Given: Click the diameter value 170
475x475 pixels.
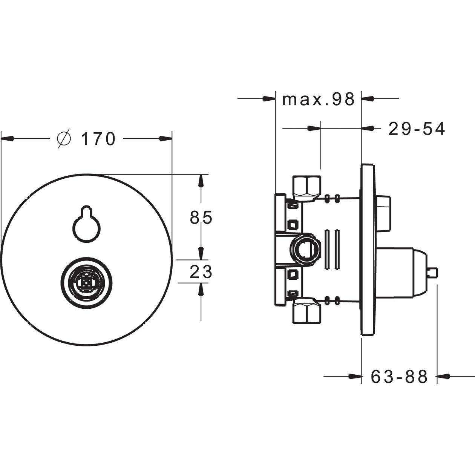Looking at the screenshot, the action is (98, 139).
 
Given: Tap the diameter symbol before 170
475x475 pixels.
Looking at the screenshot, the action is (64, 139).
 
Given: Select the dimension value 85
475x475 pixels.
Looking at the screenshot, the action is (201, 217).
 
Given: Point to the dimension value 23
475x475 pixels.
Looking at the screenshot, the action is (201, 272).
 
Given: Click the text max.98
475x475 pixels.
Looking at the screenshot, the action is (319, 99).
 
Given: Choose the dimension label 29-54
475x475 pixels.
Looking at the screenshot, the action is (417, 129).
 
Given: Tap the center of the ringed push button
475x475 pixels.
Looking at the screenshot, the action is (87, 282).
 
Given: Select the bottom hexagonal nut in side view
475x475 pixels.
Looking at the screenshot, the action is (307, 310).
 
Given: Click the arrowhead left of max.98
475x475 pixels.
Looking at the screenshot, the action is (269, 99).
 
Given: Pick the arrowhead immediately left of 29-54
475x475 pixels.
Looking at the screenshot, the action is (368, 128).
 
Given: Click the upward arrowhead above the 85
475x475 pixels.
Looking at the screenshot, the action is (201, 181).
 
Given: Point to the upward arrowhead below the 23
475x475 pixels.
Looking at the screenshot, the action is (201, 289).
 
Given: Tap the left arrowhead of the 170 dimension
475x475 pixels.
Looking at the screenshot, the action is (7, 138).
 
